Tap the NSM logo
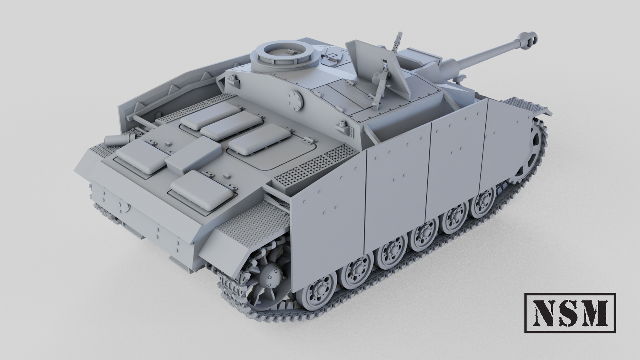pyautogui.click(x=570, y=313)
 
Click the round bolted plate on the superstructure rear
pyautogui.click(x=296, y=100)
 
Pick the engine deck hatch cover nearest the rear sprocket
pyautogui.click(x=202, y=189)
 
